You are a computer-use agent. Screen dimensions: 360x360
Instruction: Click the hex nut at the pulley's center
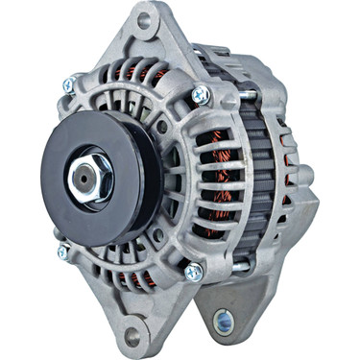[88, 175]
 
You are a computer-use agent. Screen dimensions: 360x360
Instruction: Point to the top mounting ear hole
[145, 19]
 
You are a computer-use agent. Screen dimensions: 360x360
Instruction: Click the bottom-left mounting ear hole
[131, 334]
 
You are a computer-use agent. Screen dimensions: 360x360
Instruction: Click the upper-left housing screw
[68, 85]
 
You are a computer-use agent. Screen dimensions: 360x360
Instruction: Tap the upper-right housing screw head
[201, 94]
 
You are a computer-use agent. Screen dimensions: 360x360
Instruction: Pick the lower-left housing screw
[62, 252]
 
